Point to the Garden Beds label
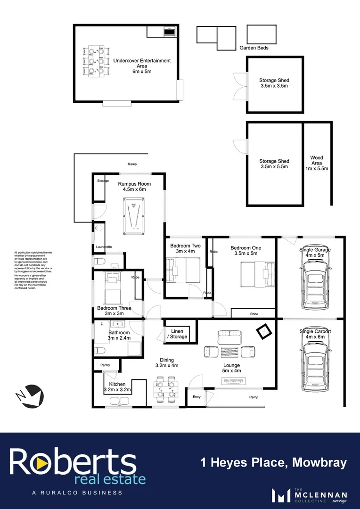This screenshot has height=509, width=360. [254, 48]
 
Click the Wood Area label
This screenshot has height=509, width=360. [316, 163]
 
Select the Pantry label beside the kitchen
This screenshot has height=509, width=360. [105, 365]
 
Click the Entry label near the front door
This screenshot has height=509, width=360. [196, 397]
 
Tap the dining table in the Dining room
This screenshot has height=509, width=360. [166, 389]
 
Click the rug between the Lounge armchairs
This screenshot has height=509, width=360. [229, 352]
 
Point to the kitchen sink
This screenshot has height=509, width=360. [118, 401]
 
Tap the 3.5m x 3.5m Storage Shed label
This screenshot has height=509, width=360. [274, 83]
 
